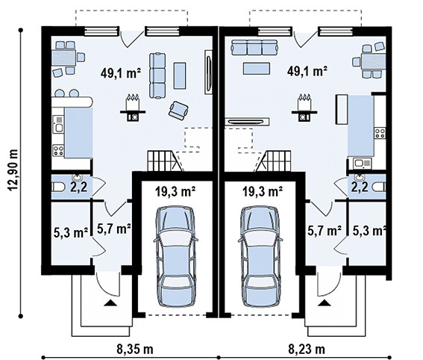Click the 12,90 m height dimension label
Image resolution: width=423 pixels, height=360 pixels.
point(13,170)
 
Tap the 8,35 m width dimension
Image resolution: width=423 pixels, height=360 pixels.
point(135,350)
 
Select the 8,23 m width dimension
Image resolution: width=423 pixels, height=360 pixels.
point(307,350)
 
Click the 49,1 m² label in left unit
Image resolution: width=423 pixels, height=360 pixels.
point(121,73)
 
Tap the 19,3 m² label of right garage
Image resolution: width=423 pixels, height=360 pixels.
point(263,191)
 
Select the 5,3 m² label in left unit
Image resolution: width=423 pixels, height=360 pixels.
point(71,232)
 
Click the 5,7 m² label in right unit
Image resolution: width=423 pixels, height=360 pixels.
point(325,231)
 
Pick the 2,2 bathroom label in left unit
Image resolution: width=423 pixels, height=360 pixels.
point(79,187)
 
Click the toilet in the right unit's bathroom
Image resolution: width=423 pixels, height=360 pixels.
point(379,187)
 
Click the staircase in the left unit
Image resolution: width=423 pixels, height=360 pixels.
point(165,161)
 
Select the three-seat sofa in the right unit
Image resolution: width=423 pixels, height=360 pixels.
point(254,48)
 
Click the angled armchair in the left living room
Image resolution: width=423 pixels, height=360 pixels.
point(178,111)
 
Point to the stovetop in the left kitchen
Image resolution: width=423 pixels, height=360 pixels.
point(58,150)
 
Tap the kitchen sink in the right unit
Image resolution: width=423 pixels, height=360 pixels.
point(362,164)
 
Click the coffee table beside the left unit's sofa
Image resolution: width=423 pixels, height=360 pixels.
point(180,76)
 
